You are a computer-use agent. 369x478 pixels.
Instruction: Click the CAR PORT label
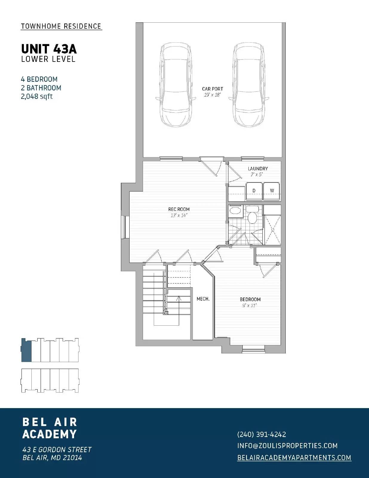point(212,89)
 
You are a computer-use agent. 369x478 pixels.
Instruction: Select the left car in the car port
point(175,85)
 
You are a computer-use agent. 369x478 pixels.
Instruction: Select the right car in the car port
point(249,85)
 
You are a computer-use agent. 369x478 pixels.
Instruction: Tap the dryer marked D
point(254,191)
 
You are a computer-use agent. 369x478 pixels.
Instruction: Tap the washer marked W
point(272,191)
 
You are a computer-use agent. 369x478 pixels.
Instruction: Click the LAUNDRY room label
point(258,168)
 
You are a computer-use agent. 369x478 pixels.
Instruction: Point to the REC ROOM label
point(179,209)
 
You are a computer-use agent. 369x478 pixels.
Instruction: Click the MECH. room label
point(203,299)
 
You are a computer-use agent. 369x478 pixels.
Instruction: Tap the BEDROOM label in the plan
point(250,299)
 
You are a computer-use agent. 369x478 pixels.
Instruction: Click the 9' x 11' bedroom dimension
point(250,305)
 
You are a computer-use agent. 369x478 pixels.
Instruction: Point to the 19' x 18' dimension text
point(212,95)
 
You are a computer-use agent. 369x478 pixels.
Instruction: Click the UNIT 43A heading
point(49,48)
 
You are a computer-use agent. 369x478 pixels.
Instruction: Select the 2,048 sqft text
point(37,96)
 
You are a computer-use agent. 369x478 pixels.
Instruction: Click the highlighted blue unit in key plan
point(26,350)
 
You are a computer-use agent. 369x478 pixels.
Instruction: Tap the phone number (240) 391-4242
point(262,434)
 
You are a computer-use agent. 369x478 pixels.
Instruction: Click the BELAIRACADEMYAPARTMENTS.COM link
point(294,457)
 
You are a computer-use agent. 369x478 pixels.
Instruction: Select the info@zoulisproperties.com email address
point(287,446)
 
